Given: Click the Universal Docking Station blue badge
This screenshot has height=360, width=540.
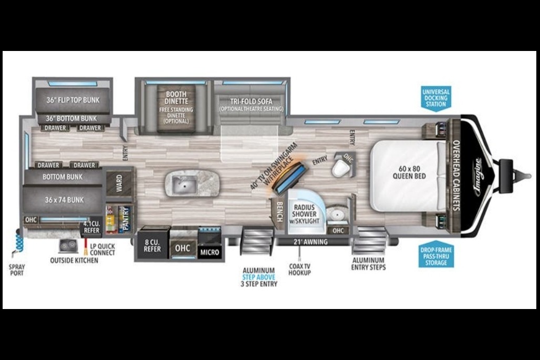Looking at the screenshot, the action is click(x=436, y=98).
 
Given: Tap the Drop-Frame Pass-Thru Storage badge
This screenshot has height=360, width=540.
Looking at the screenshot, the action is click(x=436, y=254).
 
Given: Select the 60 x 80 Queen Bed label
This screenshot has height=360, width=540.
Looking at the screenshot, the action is click(x=410, y=172).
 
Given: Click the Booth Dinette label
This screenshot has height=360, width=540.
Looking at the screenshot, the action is click(x=176, y=98).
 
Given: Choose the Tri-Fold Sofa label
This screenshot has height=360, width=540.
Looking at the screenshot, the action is click(x=252, y=101).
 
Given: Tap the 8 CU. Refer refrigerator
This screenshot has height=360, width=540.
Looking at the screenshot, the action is click(x=152, y=245).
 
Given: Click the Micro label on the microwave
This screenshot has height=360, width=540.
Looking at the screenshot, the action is click(x=210, y=252).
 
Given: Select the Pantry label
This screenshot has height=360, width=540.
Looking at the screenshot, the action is click(x=126, y=219).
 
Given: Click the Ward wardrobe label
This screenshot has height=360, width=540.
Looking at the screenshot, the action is click(x=119, y=183).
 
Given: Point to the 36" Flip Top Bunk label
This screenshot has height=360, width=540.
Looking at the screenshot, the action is click(x=73, y=100).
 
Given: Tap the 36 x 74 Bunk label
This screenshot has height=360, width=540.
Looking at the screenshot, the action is click(x=64, y=200).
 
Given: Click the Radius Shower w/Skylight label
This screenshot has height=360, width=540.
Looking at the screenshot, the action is click(x=304, y=214).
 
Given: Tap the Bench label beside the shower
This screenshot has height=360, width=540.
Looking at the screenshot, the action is click(x=279, y=211).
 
